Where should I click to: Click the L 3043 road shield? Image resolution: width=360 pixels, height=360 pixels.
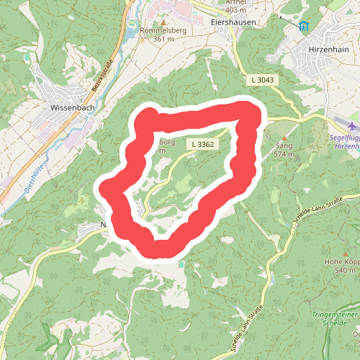coord(264,79)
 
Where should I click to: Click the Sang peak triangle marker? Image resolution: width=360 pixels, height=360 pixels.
coord(284,137)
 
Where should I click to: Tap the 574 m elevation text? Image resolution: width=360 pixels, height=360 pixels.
coord(285,153)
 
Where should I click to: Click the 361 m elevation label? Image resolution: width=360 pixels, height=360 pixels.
coord(164,39)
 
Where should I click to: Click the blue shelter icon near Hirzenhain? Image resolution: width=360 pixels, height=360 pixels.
coord(302,27)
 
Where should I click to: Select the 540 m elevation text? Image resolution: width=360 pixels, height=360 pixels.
coord(345,270)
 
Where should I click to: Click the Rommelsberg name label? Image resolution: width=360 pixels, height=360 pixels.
coord(164,31)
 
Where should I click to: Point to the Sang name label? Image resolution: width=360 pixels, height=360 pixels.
coord(284,145)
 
